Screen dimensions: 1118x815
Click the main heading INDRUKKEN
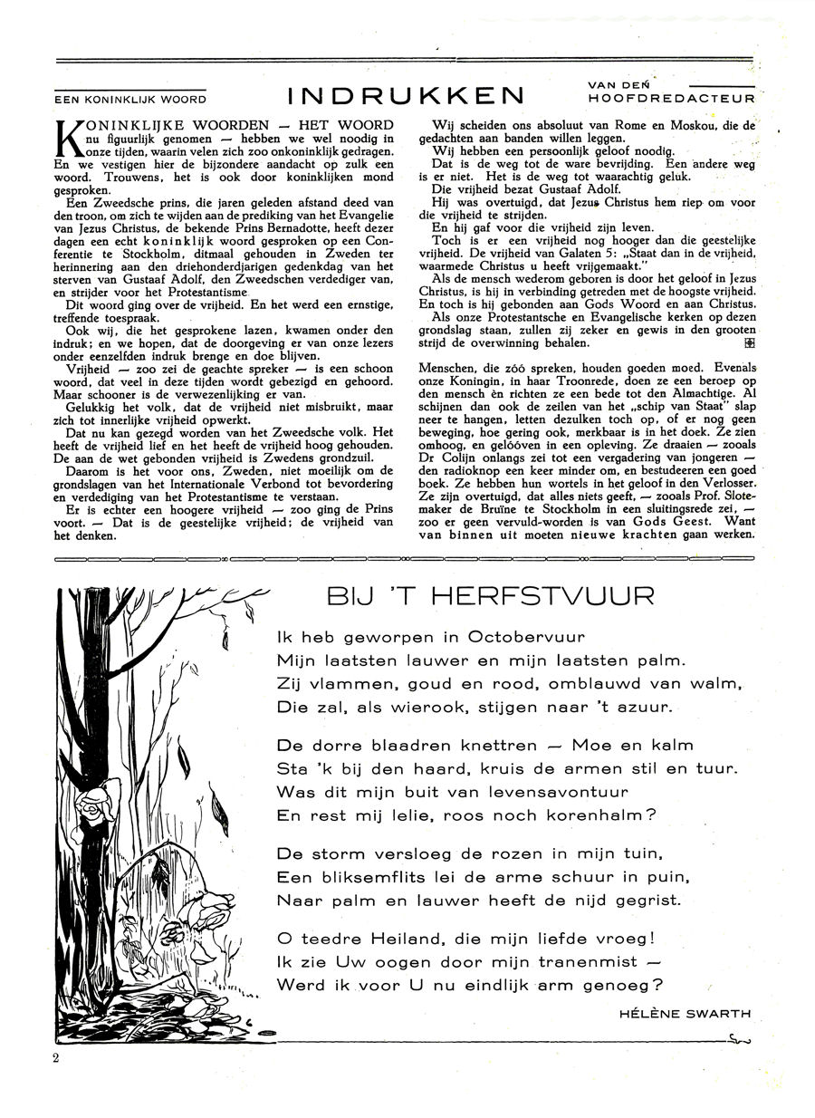[x=406, y=95]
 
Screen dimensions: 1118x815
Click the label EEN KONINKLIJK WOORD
[x=130, y=100]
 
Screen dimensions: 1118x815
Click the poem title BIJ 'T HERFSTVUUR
[x=491, y=598]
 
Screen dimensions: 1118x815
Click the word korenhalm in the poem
[x=581, y=814]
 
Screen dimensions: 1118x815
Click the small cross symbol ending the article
[x=748, y=344]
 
